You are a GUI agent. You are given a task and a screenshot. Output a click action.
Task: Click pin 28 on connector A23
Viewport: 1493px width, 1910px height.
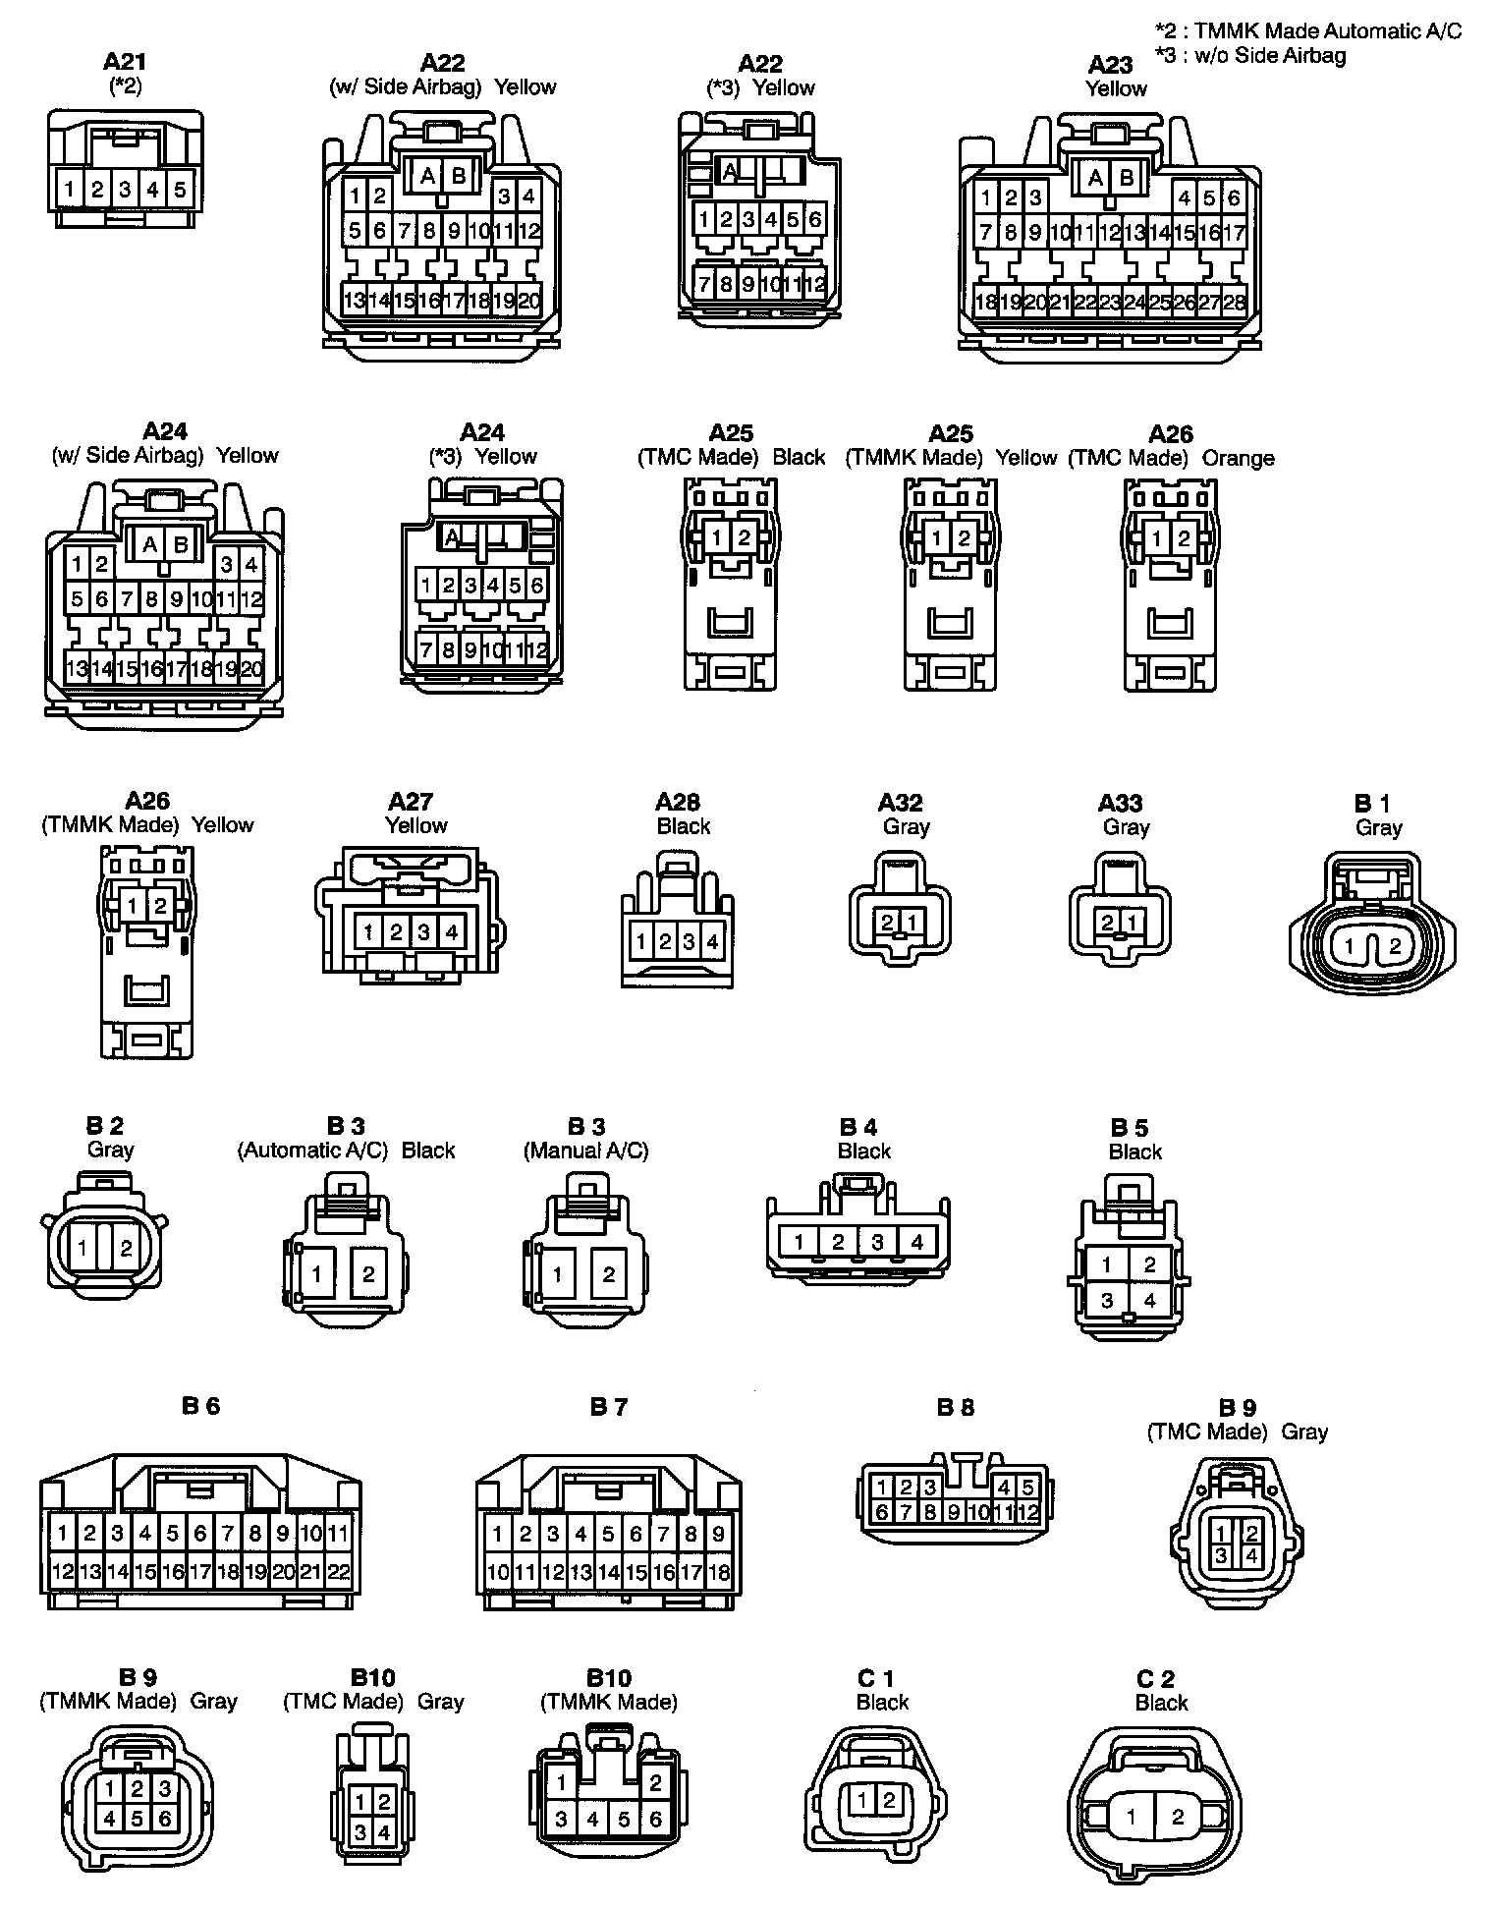click(1235, 303)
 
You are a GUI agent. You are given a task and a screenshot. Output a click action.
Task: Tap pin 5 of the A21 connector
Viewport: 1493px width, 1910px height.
click(180, 189)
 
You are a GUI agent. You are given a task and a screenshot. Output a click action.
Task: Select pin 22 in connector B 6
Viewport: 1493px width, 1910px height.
click(339, 1572)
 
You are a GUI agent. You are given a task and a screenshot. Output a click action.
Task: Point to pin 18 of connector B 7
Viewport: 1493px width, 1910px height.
click(720, 1572)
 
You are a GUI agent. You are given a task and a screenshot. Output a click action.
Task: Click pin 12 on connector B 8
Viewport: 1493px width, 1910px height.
click(1027, 1513)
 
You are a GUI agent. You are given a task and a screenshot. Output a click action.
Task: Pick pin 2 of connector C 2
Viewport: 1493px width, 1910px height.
click(1178, 1818)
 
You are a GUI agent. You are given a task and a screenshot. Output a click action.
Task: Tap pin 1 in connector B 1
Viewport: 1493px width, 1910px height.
click(1350, 948)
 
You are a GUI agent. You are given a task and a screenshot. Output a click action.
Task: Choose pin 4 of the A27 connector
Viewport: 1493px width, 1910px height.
click(452, 930)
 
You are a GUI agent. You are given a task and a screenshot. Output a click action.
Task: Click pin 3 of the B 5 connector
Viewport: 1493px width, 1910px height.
click(1107, 1301)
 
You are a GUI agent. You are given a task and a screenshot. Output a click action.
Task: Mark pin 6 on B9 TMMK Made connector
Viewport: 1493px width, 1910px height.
click(164, 1819)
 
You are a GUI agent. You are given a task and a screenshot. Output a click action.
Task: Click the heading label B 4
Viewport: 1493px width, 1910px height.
click(857, 1127)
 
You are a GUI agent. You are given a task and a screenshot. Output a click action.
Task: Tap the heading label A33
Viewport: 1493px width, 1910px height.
click(1120, 804)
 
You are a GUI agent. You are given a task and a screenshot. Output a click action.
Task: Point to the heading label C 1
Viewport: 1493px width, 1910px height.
click(875, 1678)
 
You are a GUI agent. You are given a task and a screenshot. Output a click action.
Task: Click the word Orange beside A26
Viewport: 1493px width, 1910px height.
click(1238, 458)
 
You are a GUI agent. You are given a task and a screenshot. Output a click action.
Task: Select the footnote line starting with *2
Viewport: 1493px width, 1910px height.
click(1307, 31)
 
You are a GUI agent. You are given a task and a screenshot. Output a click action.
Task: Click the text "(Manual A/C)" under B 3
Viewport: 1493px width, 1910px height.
click(585, 1151)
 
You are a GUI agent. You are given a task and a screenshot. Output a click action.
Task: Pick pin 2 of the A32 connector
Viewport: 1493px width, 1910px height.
click(887, 923)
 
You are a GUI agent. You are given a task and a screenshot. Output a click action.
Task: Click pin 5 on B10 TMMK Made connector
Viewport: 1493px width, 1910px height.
click(624, 1820)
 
